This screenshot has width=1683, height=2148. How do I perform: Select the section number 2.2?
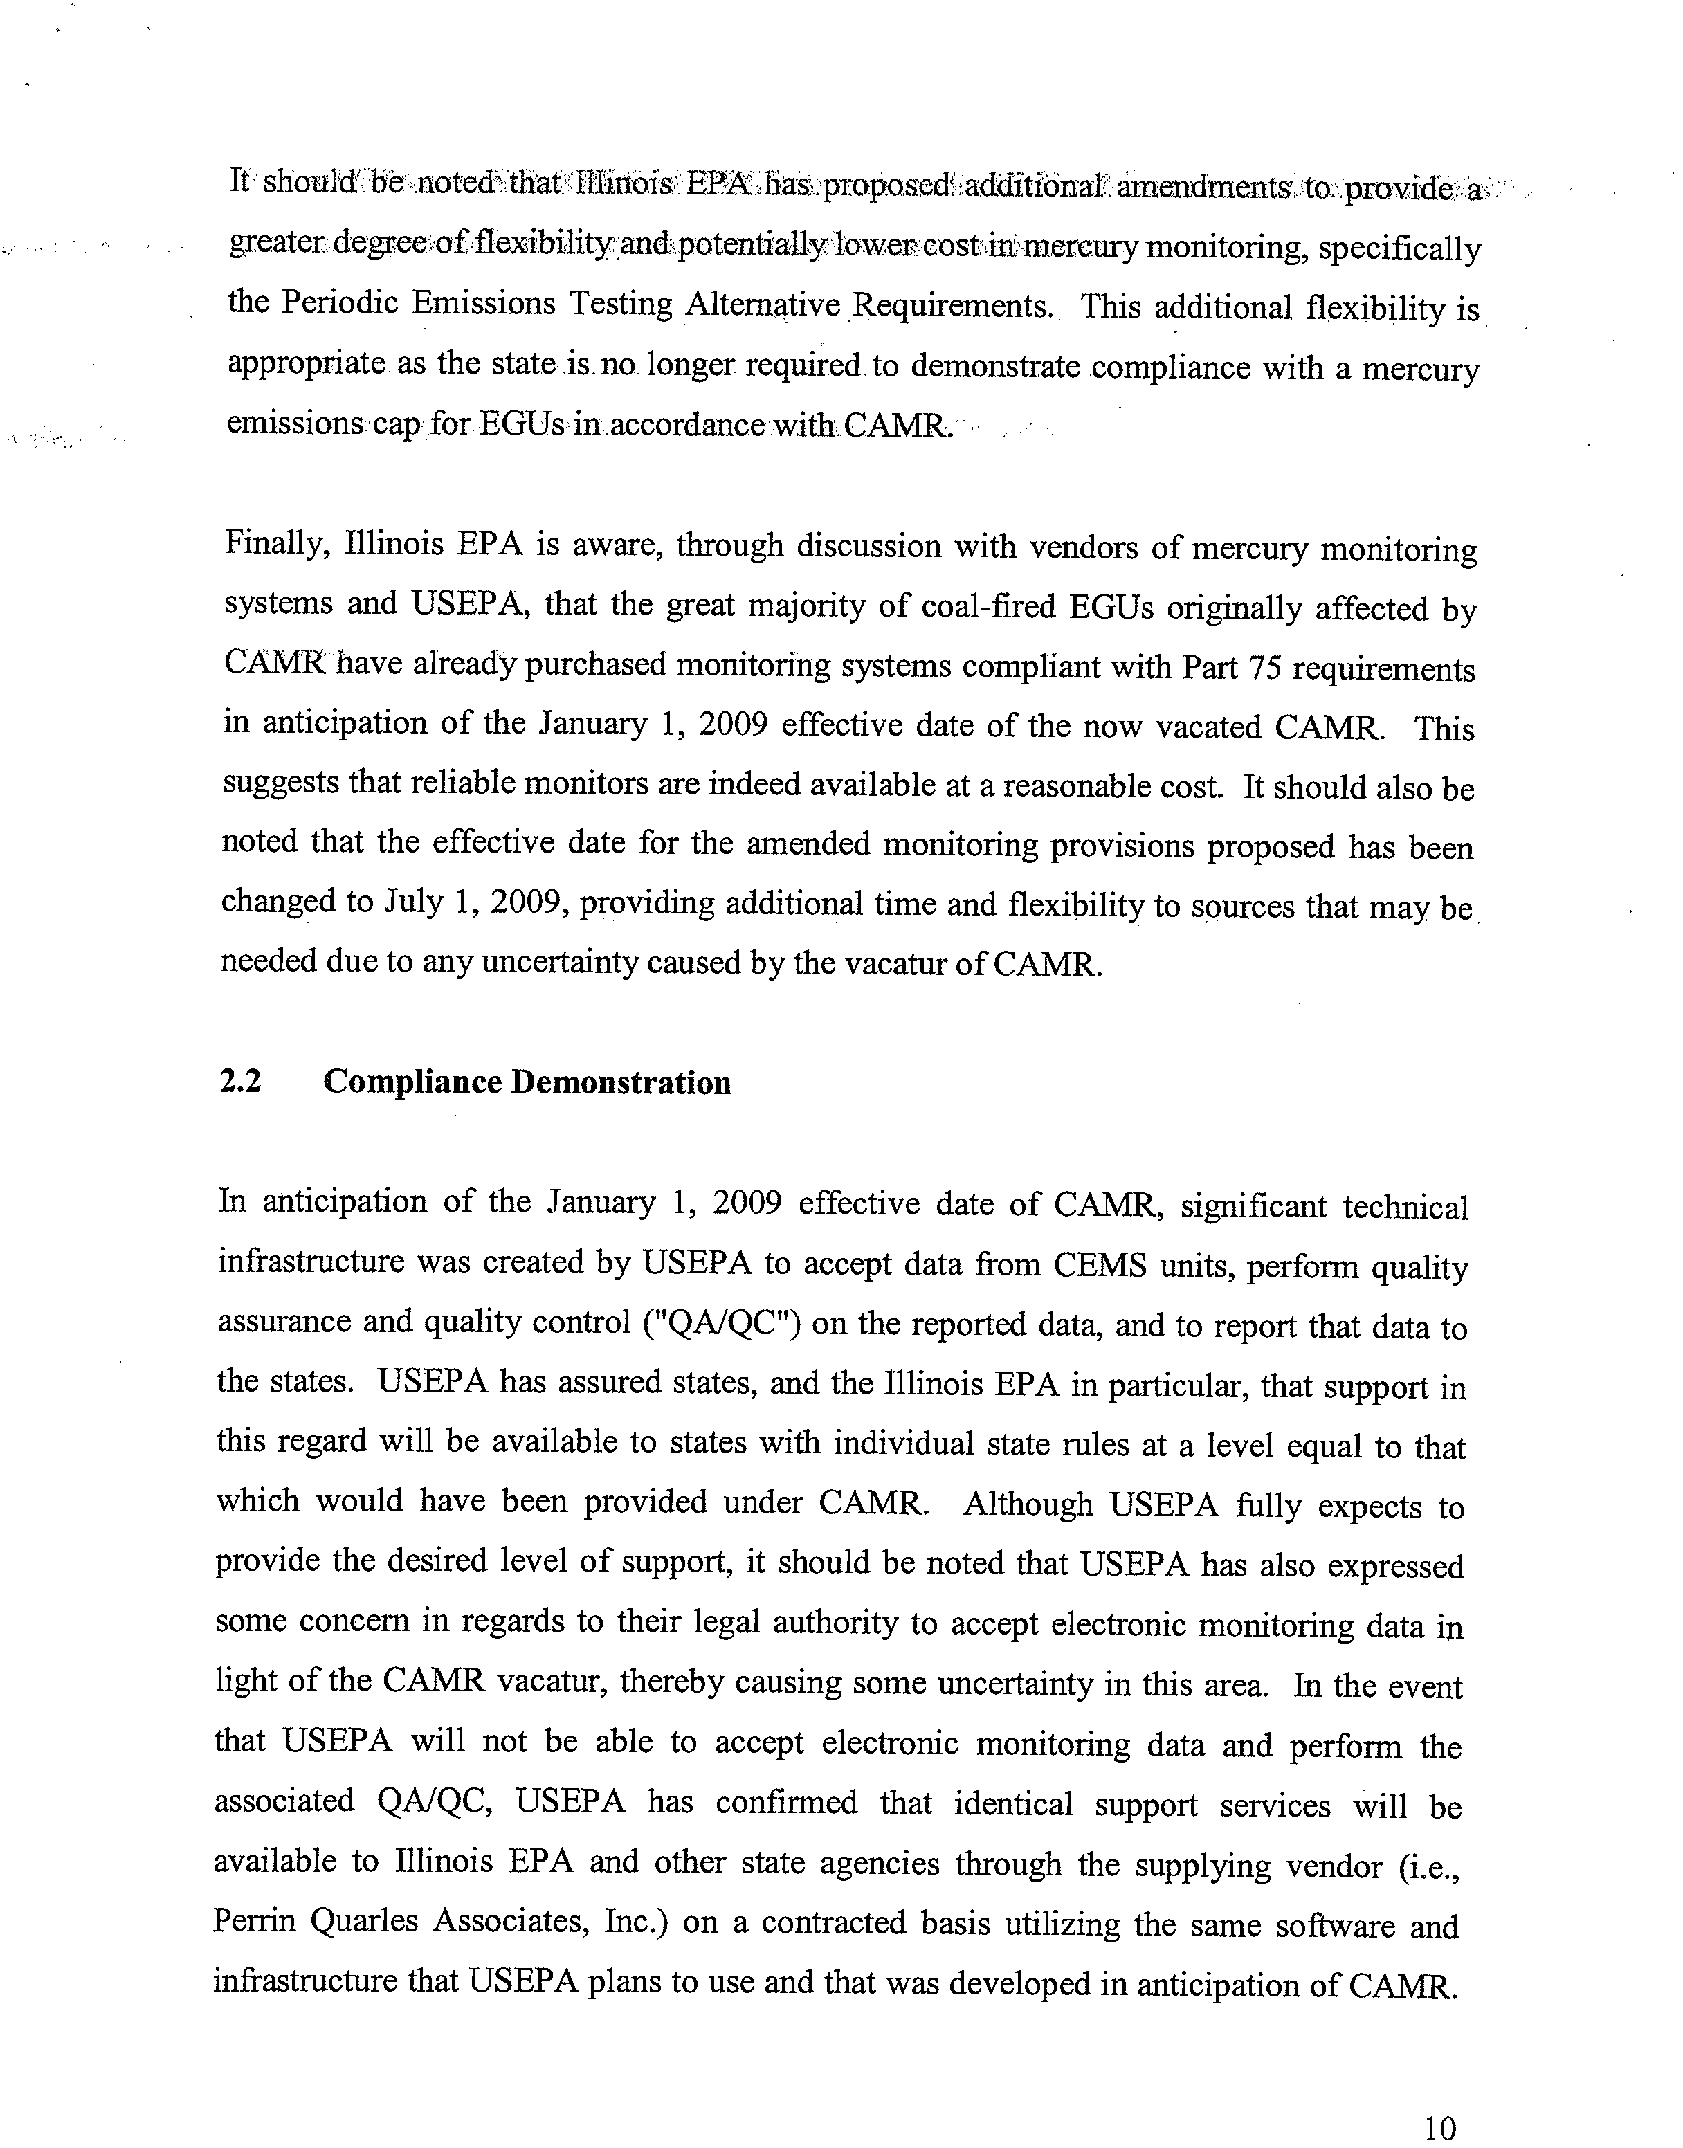click(x=239, y=1081)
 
